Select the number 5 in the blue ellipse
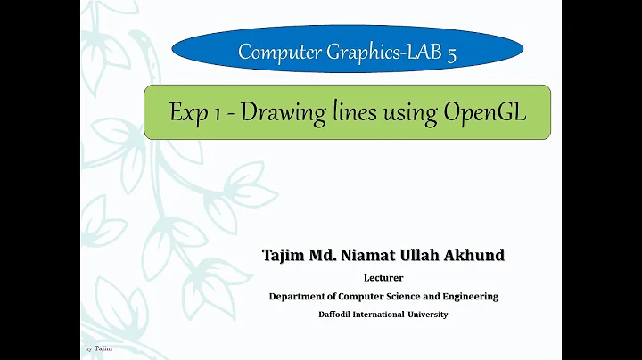point(452,53)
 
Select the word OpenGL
point(481,113)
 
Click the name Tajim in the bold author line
point(284,256)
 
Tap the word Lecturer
point(383,278)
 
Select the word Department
point(300,297)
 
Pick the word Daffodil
point(340,315)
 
